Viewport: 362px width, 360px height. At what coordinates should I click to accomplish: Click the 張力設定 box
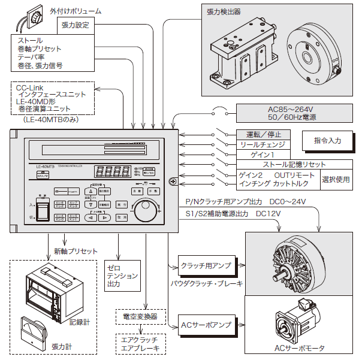[75, 25]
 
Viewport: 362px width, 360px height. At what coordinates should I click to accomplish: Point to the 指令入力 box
[327, 140]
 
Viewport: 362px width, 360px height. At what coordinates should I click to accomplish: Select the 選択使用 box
[336, 178]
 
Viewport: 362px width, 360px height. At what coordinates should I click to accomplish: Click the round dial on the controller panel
[143, 210]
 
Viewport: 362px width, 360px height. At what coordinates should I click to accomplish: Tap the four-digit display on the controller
[114, 171]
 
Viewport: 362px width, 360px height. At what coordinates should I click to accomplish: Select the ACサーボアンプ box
[206, 325]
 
